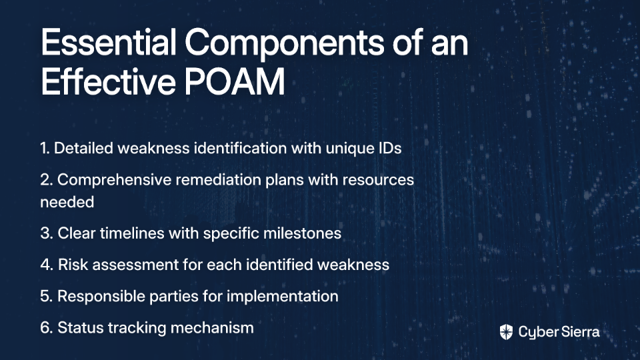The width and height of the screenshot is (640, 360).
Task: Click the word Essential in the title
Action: [x=109, y=43]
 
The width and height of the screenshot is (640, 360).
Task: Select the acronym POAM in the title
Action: [x=234, y=82]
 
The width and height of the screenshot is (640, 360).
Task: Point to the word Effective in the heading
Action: [x=108, y=82]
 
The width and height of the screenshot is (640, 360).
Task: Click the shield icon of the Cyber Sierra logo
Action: [x=506, y=332]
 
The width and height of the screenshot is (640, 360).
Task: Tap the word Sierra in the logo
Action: [x=579, y=332]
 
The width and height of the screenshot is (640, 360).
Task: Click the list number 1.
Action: [x=45, y=148]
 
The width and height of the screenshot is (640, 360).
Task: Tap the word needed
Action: [x=67, y=202]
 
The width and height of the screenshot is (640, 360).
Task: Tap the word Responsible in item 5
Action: [x=101, y=297]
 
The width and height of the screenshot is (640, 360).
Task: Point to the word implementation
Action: [x=283, y=297]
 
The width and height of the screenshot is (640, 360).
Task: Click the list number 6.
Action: [x=46, y=328]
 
